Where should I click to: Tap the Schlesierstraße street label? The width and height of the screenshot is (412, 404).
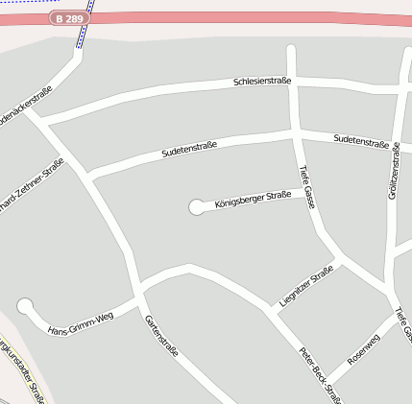[262, 82]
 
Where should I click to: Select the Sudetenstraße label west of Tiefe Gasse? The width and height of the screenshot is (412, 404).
[189, 149]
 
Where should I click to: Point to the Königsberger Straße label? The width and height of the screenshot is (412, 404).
[253, 200]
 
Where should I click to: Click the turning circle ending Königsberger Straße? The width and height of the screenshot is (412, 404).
[198, 206]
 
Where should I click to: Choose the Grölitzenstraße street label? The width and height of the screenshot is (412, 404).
[393, 171]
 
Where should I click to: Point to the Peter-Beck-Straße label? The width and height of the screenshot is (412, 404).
[319, 373]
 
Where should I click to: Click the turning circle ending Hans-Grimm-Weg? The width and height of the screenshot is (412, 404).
[26, 306]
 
